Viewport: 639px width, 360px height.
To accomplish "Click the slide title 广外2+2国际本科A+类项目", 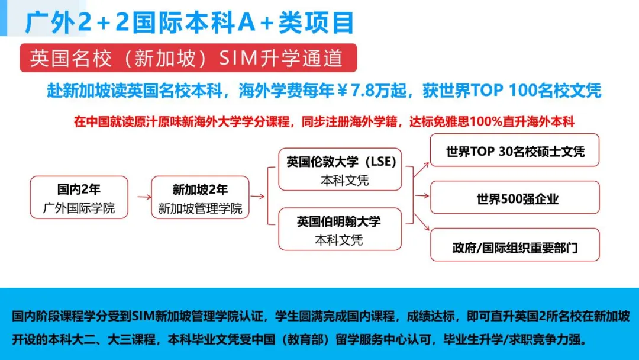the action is click(x=189, y=22).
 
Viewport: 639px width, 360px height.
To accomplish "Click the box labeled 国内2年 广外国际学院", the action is click(x=79, y=198).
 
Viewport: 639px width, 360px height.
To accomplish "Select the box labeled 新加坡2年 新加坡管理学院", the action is click(x=200, y=198).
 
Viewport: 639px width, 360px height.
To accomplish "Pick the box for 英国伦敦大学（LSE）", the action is click(x=341, y=169).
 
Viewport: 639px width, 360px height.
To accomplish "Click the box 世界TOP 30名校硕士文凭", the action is click(x=515, y=151).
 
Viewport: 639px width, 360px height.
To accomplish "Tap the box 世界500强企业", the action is click(x=515, y=198).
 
